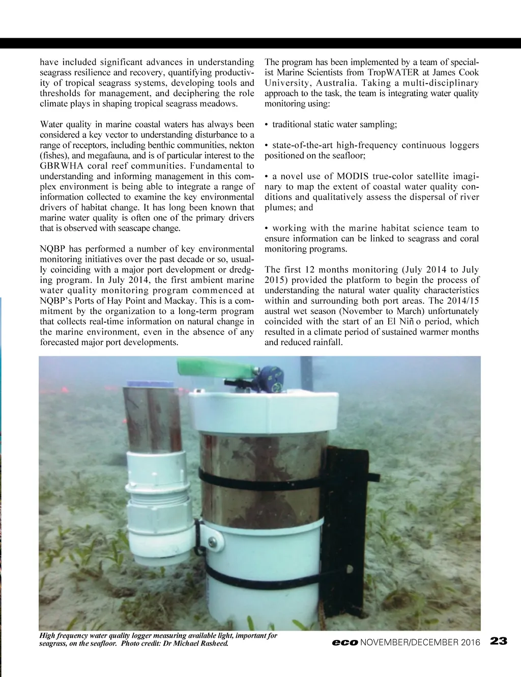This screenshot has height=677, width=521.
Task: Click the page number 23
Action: click(x=499, y=641)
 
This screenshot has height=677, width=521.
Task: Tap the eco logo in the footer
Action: click(x=344, y=642)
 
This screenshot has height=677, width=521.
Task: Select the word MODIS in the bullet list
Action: click(x=353, y=176)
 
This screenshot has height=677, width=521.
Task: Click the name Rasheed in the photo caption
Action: click(x=214, y=643)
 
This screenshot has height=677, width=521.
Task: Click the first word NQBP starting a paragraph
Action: click(x=53, y=248)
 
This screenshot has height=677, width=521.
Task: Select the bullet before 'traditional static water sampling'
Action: click(x=267, y=125)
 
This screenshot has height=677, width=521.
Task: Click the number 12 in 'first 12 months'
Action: click(x=310, y=269)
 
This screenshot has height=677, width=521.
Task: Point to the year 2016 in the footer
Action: click(x=471, y=642)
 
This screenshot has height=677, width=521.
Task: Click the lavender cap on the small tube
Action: click(x=151, y=383)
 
